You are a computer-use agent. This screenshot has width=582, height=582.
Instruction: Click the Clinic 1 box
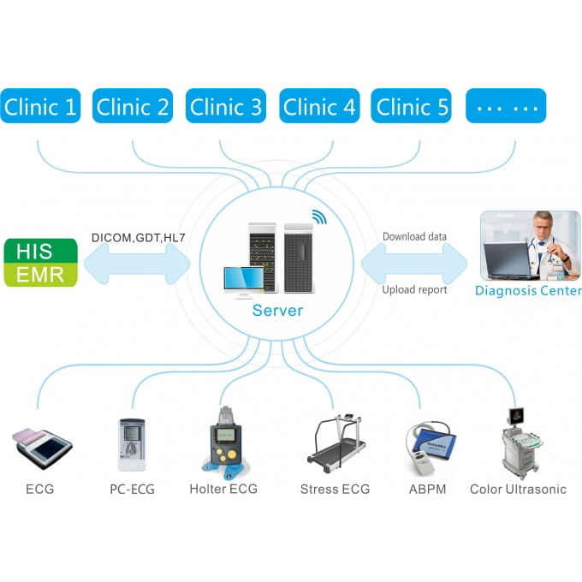[40, 106]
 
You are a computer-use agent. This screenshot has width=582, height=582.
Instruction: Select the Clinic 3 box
[226, 106]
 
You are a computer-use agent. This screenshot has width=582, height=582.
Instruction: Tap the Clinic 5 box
[413, 106]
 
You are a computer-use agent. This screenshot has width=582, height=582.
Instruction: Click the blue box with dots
[505, 106]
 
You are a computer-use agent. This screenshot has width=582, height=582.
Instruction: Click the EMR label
[40, 274]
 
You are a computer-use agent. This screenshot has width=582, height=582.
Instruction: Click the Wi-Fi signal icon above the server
[318, 217]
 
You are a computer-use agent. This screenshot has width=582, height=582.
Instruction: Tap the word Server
[277, 310]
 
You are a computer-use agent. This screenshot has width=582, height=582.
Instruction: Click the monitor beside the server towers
[243, 281]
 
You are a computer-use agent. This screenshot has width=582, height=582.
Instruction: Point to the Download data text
[414, 237]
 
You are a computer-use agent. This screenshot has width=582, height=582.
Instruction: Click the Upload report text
[414, 290]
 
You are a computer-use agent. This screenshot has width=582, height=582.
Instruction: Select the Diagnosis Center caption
[528, 291]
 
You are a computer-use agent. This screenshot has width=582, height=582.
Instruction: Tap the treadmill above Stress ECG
[336, 445]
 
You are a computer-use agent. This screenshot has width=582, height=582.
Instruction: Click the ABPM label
[426, 490]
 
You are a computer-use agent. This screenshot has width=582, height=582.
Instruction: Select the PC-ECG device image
[132, 444]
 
